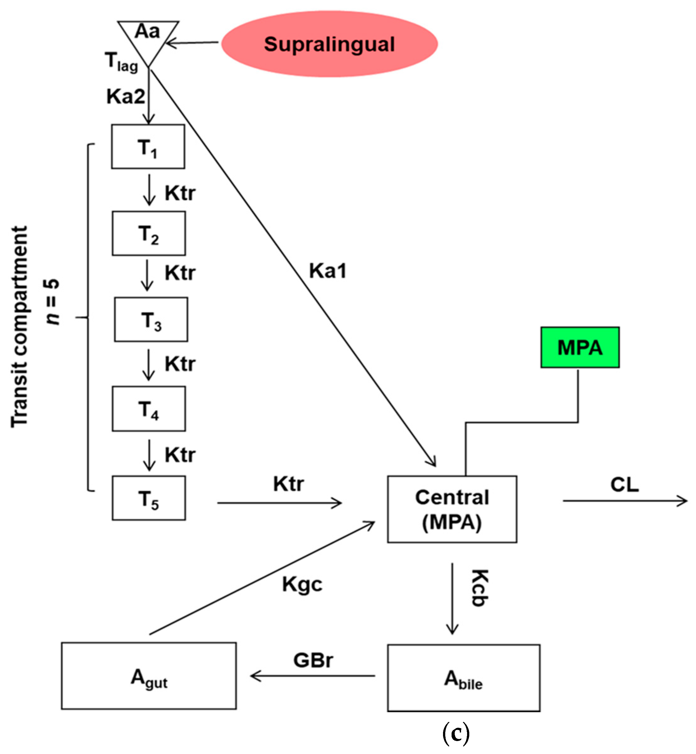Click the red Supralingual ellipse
pos(329,44)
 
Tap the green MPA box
pos(580,347)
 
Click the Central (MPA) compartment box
pos(452,509)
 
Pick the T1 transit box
pos(148,146)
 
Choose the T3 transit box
pos(151,319)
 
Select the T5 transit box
pos(149,498)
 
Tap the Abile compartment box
pos(463,678)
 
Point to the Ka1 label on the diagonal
pos(328,271)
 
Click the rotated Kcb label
pos(480,588)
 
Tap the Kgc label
pos(302,584)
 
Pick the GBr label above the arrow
pos(313,660)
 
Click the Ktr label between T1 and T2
pos(180,193)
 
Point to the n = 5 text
pos(52,301)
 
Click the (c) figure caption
pos(456,732)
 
